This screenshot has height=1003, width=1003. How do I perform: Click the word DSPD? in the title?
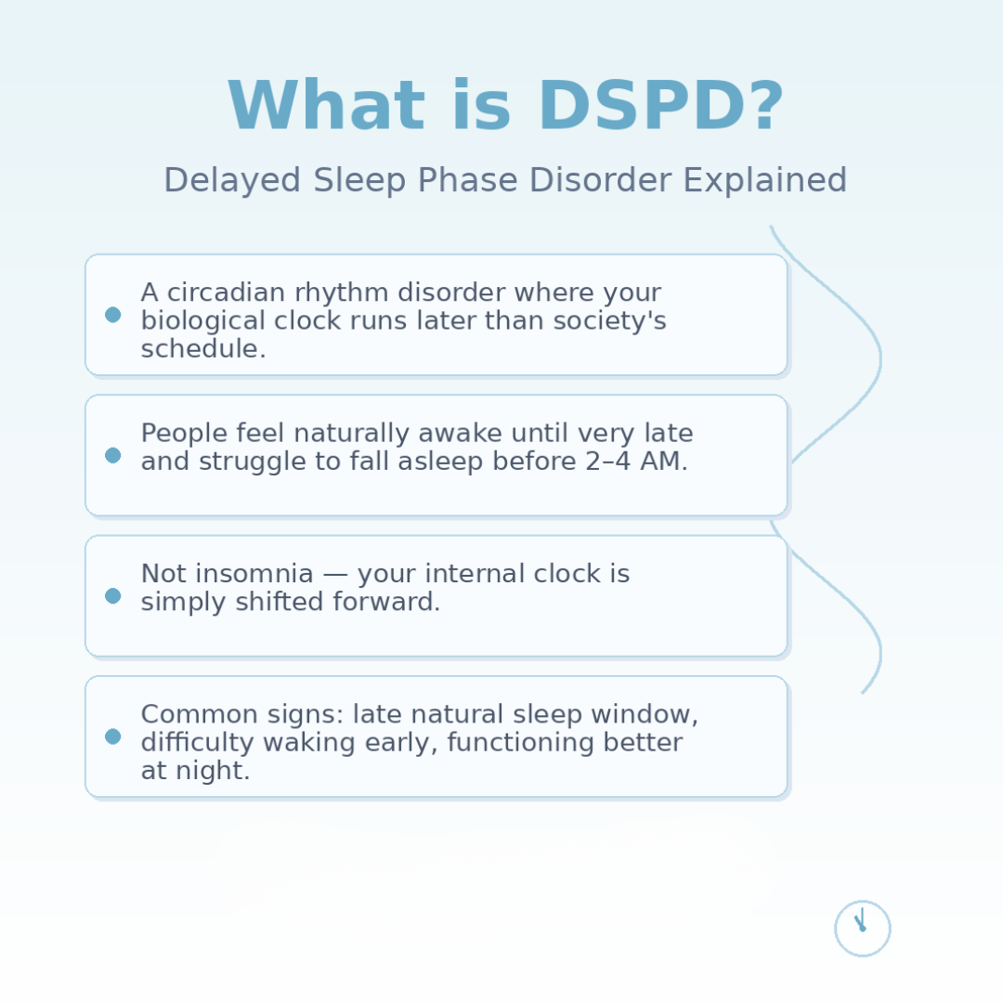661,106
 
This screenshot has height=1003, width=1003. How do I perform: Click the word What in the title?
326,106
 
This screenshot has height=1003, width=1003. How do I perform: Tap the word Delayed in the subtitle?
232,180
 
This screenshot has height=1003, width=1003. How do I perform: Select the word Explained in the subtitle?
765,180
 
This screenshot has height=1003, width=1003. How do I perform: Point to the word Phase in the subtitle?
467,180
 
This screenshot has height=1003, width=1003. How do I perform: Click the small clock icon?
862,928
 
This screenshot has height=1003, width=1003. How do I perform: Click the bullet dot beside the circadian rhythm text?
112,315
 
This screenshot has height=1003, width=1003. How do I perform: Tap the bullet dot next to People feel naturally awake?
112,455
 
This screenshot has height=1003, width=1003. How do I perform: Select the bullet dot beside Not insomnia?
112,596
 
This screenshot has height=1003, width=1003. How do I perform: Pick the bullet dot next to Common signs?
112,736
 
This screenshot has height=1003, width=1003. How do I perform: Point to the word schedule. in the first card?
203,349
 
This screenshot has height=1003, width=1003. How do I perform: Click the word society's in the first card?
609,320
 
